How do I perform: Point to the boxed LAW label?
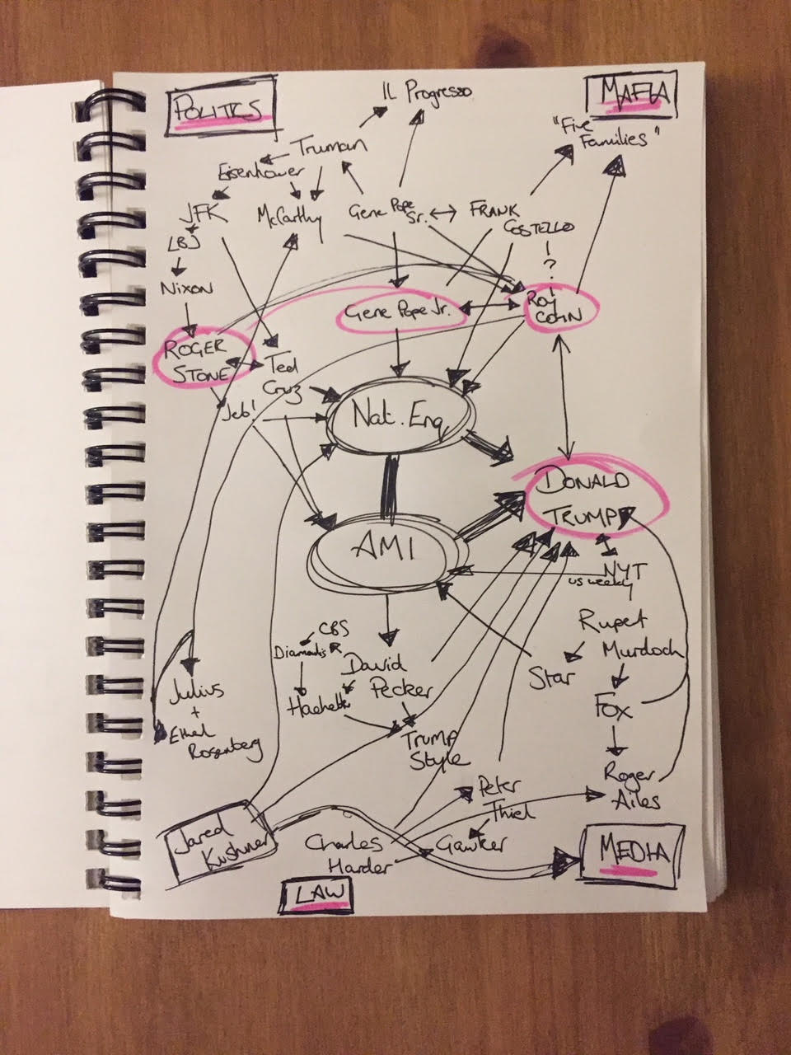pos(316,893)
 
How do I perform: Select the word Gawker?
pos(481,840)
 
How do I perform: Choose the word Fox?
pos(615,706)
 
